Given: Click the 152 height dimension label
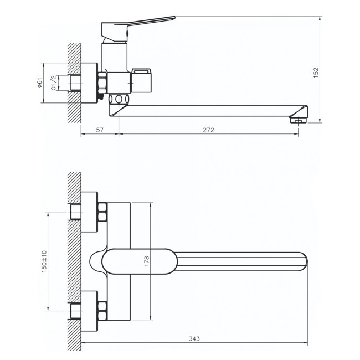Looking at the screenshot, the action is (316, 73).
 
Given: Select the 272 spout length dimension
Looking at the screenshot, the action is (208, 130).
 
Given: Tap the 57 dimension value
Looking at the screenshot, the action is (100, 130).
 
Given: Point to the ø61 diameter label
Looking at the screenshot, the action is (40, 83).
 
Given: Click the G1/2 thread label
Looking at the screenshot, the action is (53, 83).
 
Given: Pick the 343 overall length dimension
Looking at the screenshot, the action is (194, 338).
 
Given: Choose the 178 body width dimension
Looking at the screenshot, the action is (146, 261).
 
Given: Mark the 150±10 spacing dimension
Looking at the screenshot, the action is (44, 261).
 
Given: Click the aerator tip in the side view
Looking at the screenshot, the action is (298, 120).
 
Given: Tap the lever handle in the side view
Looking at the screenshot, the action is (138, 28).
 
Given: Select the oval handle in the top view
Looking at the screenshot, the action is (140, 261).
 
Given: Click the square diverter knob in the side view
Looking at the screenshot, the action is (141, 80).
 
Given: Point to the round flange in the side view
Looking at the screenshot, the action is (90, 83).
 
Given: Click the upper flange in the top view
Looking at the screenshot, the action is (90, 212).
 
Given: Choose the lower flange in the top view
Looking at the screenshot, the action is (90, 311).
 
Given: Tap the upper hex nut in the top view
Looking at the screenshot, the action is (102, 212).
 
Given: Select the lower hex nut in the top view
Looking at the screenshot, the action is (102, 311).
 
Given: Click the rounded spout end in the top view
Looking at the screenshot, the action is (303, 261).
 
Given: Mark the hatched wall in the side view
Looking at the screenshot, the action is (74, 83).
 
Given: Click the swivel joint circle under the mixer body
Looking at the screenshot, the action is (119, 99).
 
